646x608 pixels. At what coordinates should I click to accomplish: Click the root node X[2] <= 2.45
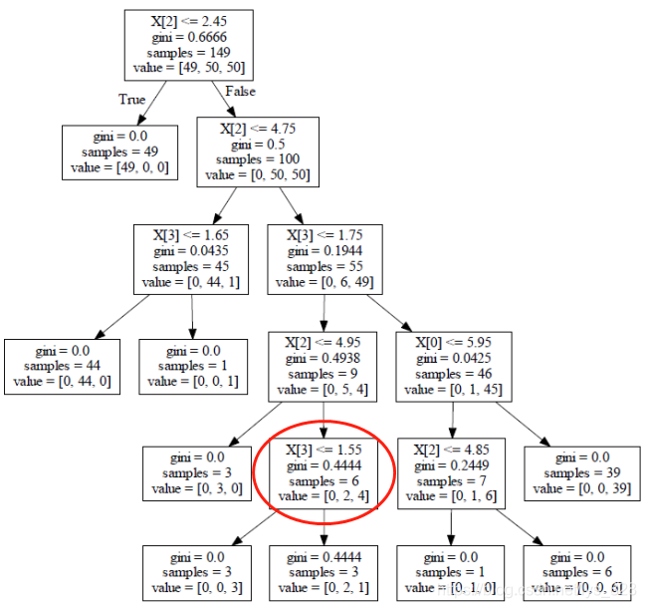(x=189, y=46)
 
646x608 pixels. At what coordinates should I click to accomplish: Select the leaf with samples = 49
(x=119, y=152)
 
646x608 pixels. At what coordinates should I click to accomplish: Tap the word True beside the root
(x=131, y=100)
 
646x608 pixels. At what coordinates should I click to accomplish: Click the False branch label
(x=240, y=91)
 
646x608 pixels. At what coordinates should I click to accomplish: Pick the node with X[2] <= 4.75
(x=258, y=152)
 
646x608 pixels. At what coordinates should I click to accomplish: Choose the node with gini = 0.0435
(x=191, y=259)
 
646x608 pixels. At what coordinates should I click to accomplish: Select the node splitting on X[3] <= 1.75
(x=325, y=259)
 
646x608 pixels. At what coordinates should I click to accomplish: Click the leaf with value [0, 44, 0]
(x=62, y=367)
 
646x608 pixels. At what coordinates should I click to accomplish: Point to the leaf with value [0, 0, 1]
(x=193, y=367)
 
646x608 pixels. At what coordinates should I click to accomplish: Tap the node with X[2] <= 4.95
(x=323, y=367)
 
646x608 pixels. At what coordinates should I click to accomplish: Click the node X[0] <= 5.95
(x=454, y=367)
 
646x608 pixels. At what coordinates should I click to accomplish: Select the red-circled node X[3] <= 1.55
(x=323, y=473)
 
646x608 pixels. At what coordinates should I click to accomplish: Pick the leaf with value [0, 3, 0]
(x=197, y=473)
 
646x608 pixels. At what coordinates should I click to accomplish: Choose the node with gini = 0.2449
(x=452, y=473)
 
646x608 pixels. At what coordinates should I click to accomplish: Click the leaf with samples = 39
(x=582, y=473)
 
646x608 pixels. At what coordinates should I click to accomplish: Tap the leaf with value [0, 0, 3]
(x=197, y=573)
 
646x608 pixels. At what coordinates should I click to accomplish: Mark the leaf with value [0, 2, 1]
(x=323, y=573)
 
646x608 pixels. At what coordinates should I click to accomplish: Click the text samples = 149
(x=189, y=53)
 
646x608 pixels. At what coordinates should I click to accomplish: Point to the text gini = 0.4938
(x=323, y=359)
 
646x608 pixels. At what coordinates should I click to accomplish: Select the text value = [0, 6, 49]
(x=324, y=282)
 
